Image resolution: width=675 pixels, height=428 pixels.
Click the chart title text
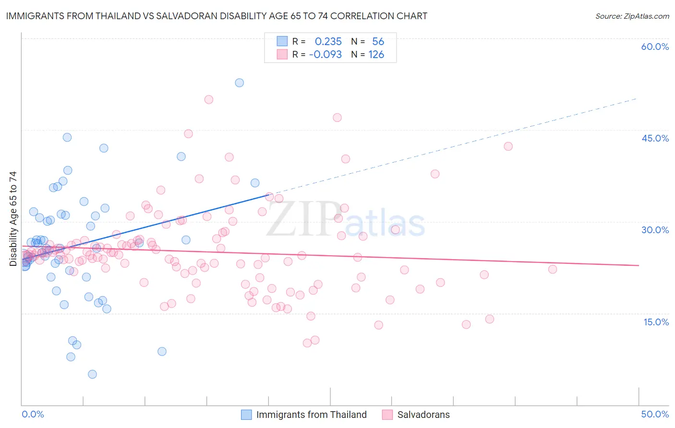216,16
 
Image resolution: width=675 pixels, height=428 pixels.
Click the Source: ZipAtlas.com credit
632,16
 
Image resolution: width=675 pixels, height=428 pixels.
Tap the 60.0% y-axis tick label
655,47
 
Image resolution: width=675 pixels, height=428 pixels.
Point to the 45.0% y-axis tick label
655,138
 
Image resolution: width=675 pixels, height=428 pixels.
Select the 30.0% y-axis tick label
655,230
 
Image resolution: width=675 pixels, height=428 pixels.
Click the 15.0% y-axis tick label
656,322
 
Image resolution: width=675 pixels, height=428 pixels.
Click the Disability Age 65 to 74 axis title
13,219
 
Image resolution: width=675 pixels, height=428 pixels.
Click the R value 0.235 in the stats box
328,42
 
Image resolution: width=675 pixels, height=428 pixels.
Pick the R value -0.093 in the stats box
325,55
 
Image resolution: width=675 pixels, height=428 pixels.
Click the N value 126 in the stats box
376,55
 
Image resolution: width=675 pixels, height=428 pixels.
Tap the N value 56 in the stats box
378,42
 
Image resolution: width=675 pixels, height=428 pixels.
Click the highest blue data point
239,83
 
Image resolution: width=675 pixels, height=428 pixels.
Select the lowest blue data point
92,374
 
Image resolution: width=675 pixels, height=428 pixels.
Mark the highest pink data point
209,99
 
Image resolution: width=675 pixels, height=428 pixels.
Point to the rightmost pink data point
553,269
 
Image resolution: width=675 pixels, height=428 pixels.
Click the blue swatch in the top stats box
282,41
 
